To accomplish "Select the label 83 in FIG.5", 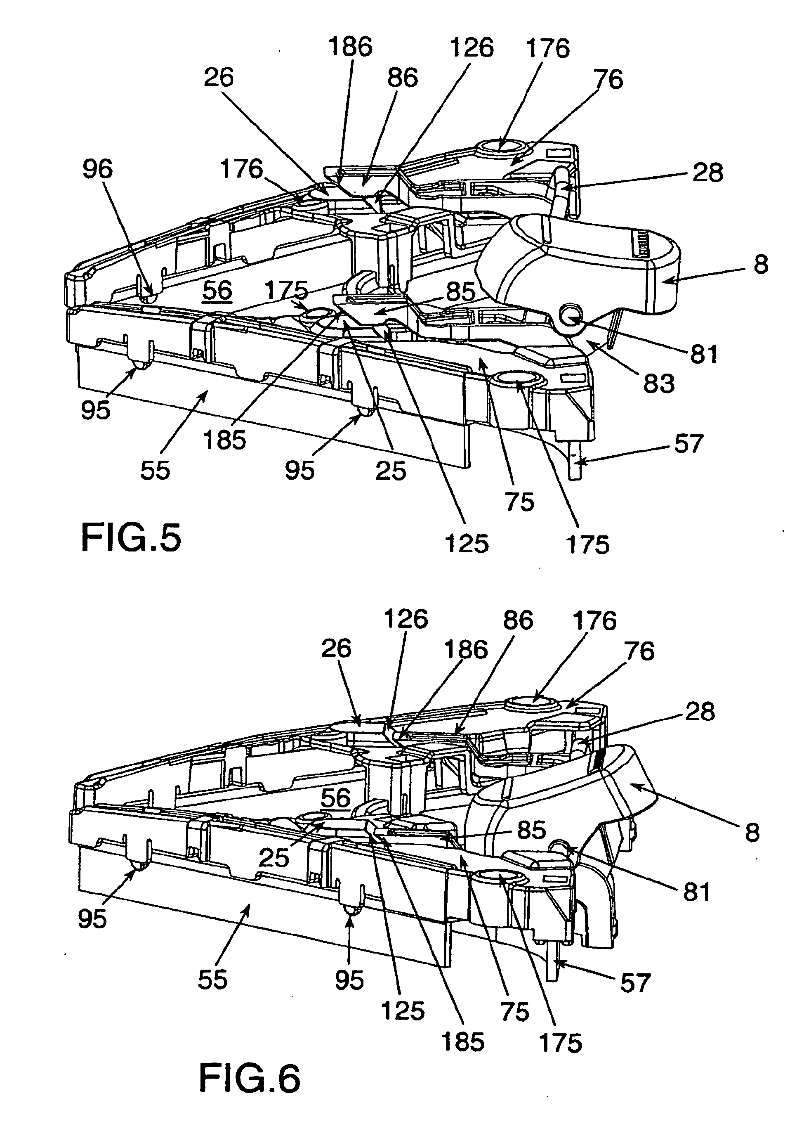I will (659, 383).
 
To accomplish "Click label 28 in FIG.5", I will (708, 173).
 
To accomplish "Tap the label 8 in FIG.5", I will (761, 265).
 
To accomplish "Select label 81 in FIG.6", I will (697, 892).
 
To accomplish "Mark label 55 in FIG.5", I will (155, 470).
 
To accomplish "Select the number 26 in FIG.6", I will (336, 648).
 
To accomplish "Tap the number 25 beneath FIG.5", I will (391, 471).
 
